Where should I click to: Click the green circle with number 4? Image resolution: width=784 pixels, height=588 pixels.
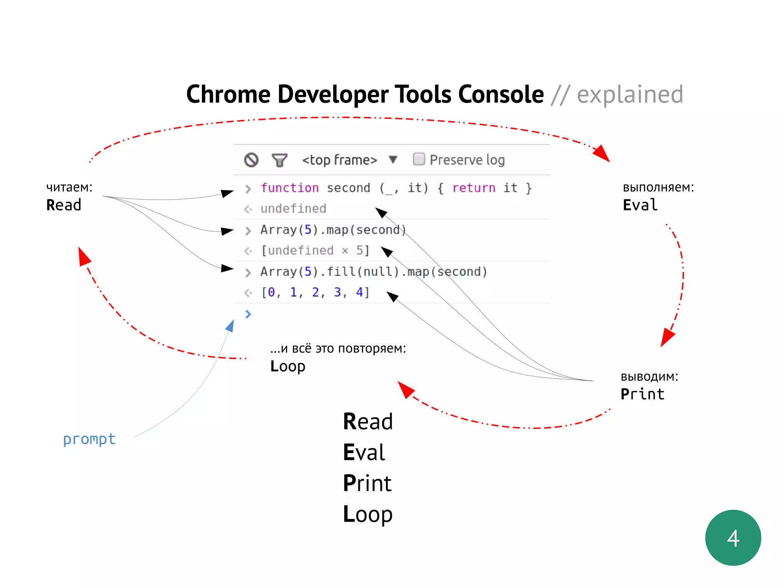pos(733,537)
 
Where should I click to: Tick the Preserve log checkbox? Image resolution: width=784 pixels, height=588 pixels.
pos(419,159)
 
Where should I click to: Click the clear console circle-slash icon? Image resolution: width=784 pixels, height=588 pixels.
pos(252,160)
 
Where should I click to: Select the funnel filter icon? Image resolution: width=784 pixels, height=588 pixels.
pos(279,160)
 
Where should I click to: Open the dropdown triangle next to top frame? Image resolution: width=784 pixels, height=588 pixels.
pos(393,159)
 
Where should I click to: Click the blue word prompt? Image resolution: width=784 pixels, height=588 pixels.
pos(89,439)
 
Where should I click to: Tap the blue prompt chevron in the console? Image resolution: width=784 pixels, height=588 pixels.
pos(248,314)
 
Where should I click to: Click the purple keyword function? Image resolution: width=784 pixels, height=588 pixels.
pos(289,188)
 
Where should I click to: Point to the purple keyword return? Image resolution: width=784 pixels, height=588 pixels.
pos(474,188)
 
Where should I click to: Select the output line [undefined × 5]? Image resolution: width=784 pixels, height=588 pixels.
pos(315,251)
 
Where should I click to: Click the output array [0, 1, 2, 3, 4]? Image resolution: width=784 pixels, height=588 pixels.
pos(315,292)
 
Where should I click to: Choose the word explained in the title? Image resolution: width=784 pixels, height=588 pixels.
pos(630,95)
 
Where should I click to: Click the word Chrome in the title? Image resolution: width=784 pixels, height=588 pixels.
pos(228,95)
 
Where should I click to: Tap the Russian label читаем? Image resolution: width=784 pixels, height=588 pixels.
pos(69,187)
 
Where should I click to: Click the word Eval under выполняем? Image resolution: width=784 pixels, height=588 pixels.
pos(640,205)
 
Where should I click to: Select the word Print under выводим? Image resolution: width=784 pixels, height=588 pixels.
pos(642,394)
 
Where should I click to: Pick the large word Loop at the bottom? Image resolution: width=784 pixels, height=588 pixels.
pos(367,514)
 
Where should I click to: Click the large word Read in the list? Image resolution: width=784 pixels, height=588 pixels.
pos(367,421)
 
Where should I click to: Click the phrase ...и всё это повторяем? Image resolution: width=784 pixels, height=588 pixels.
pos(338,349)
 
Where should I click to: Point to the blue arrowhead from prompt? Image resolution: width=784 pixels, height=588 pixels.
pos(230,326)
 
